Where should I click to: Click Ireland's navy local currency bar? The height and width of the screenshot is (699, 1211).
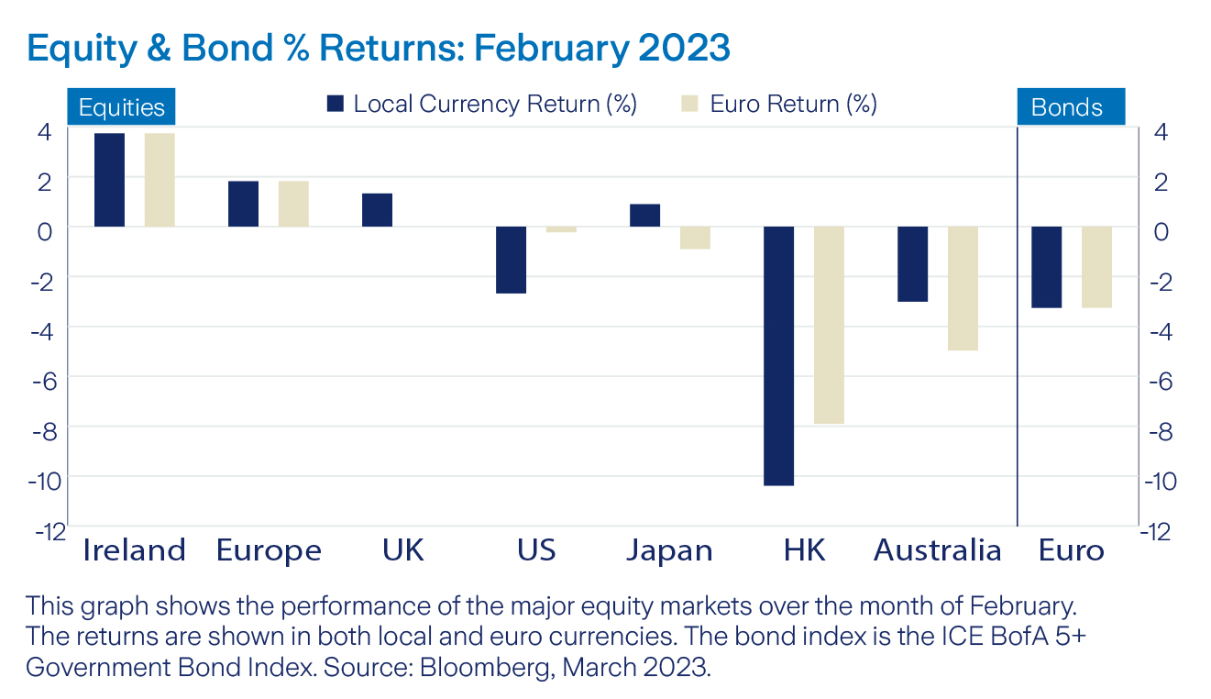[x=109, y=180]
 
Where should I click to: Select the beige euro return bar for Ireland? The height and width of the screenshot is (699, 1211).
[x=160, y=180]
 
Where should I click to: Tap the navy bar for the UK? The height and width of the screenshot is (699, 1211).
[x=377, y=210]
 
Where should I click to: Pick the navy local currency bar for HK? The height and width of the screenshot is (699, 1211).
[x=778, y=356]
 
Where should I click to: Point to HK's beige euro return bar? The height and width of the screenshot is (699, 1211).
[x=829, y=325]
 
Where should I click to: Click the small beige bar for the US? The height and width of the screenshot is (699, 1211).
[x=561, y=229]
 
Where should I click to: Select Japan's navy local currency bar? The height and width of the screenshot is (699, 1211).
[x=644, y=216]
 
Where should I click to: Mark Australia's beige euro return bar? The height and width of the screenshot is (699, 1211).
[x=963, y=288]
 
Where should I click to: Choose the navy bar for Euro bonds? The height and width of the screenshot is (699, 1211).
[x=1046, y=267]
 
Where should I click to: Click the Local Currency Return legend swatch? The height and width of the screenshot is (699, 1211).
[x=336, y=104]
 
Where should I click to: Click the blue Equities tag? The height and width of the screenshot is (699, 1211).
[x=121, y=107]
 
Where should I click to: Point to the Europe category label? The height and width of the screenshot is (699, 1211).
[x=269, y=550]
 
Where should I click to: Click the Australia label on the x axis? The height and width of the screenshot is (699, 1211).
[x=937, y=550]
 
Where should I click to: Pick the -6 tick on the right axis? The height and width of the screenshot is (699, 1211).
[x=1159, y=379]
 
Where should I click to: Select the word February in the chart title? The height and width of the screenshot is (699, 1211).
[x=534, y=49]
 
